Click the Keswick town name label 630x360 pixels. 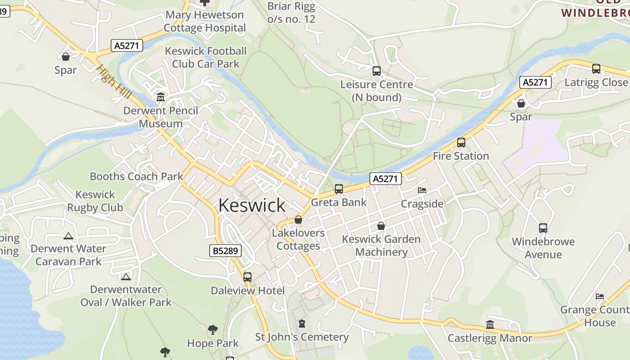252,205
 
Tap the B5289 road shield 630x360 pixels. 225,251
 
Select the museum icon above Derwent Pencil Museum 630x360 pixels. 161,97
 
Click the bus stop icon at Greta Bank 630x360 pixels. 339,189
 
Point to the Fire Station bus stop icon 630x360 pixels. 461,143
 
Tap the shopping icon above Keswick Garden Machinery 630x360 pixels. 381,226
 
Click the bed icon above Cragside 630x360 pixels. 422,190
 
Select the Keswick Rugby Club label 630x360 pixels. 95,201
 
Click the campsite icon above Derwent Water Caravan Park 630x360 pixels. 68,236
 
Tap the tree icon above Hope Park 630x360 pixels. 213,330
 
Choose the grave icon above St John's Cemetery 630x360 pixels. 302,324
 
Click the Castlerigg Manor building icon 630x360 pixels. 490,324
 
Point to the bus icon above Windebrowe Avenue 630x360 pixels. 543,228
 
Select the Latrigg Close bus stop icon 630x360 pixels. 596,69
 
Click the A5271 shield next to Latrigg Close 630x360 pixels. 535,82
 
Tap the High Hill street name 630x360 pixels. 114,82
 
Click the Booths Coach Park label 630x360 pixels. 136,176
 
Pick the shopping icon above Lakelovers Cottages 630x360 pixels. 298,220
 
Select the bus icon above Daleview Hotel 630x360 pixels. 247,277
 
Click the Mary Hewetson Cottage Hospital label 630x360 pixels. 205,21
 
